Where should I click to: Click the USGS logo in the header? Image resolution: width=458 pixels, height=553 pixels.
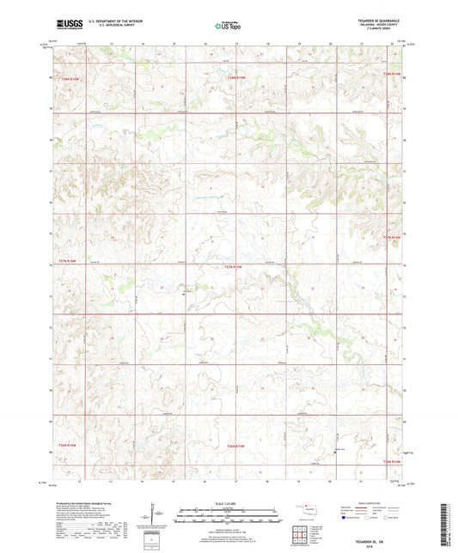(68, 26)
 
